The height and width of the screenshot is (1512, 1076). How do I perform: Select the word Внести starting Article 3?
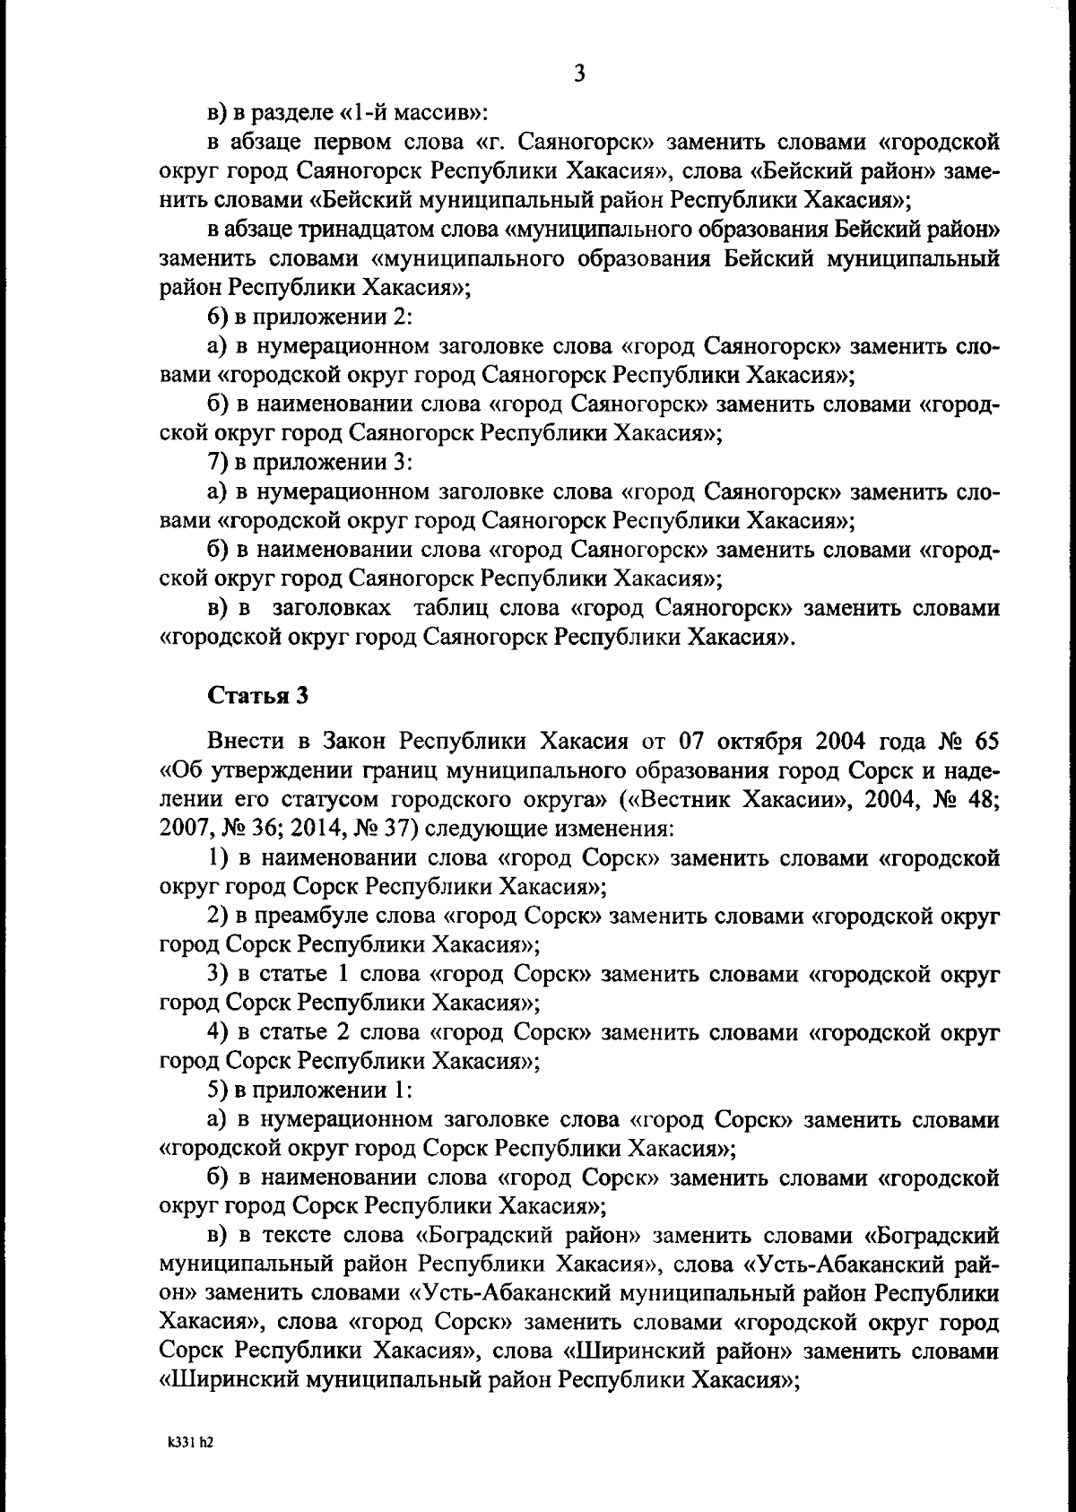click(x=245, y=741)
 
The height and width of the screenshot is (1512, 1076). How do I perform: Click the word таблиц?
click(x=450, y=608)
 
